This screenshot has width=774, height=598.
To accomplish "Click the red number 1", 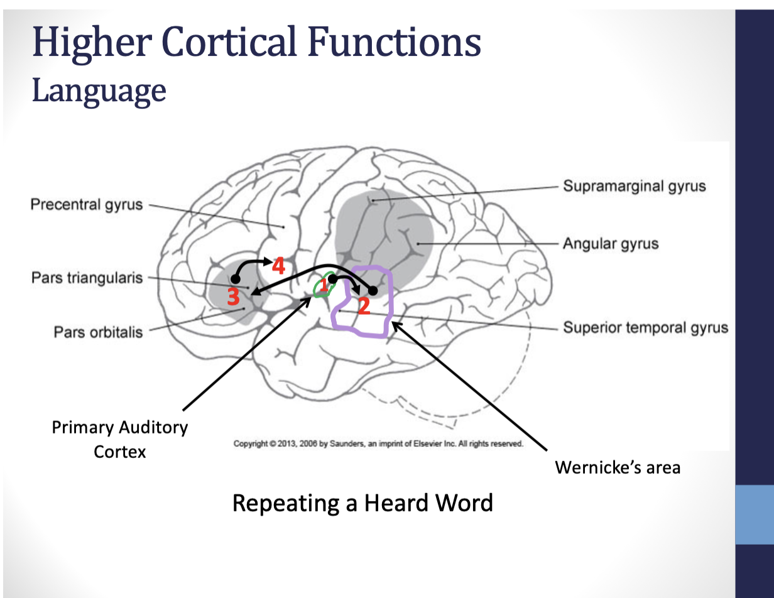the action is click(324, 285).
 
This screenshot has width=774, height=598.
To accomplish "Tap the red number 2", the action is click(364, 305).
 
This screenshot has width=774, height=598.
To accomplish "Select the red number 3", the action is click(233, 296).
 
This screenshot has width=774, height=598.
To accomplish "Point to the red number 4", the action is click(278, 266).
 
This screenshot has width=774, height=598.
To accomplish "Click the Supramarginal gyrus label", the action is click(635, 186).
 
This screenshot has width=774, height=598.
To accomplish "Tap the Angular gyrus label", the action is click(611, 244).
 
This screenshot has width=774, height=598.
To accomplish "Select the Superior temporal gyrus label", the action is click(645, 327).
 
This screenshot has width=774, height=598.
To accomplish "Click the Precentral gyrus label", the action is click(87, 204).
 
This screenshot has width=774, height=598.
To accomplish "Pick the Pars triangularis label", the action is click(87, 278).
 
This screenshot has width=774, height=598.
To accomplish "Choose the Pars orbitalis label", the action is click(98, 332).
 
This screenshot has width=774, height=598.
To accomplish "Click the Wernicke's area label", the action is click(618, 467).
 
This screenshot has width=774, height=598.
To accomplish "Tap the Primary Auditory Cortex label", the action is click(119, 440).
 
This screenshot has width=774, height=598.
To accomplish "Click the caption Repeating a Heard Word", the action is click(362, 503).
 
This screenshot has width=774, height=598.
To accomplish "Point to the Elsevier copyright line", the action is click(378, 443).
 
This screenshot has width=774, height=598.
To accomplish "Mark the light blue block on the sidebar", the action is click(755, 514).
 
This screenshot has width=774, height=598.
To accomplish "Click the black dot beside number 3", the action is click(236, 280).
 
